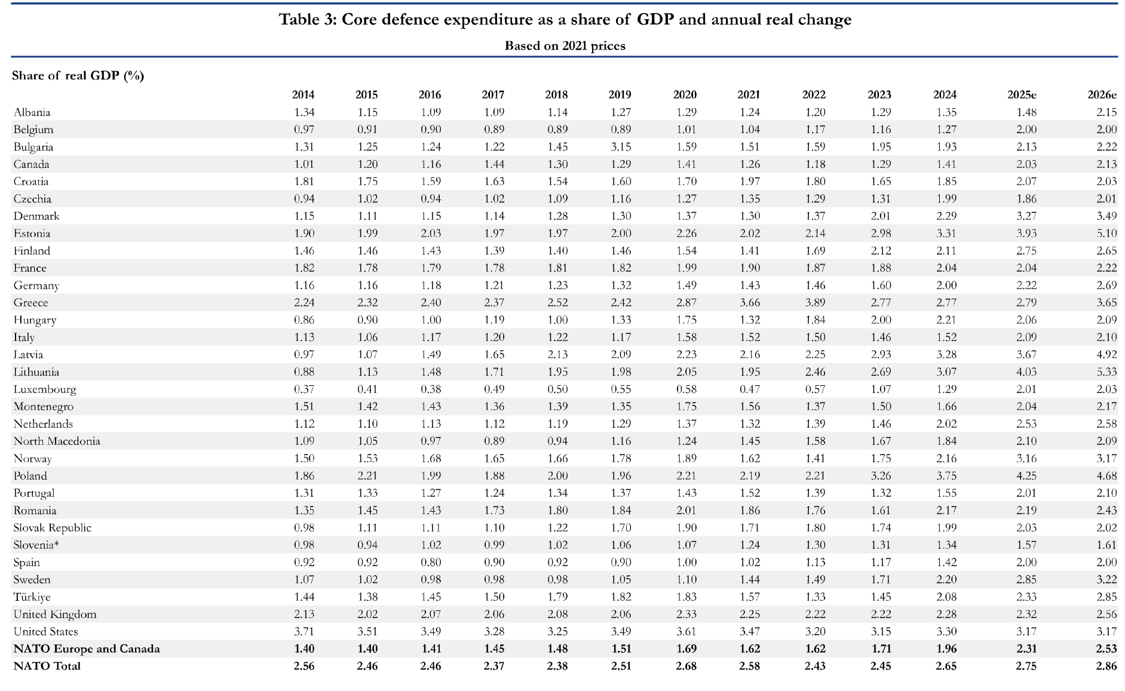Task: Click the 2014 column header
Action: [303, 94]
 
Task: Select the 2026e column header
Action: [1102, 94]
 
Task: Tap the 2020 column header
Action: [685, 94]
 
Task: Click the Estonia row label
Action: [32, 234]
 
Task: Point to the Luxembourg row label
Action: [45, 389]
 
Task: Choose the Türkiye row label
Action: [32, 597]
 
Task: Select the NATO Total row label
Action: [47, 666]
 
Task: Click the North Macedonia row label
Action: [57, 441]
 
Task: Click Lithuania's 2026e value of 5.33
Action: [1106, 372]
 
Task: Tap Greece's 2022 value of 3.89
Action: [815, 303]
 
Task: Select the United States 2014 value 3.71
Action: [304, 632]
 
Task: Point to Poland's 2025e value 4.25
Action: [1026, 476]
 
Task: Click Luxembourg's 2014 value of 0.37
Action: [304, 389]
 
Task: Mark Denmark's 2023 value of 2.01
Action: [880, 216]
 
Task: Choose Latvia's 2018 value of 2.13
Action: [557, 355]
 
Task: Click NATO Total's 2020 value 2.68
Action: [686, 666]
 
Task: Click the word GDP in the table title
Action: [655, 20]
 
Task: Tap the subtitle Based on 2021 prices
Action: [565, 46]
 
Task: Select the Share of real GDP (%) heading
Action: [78, 75]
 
